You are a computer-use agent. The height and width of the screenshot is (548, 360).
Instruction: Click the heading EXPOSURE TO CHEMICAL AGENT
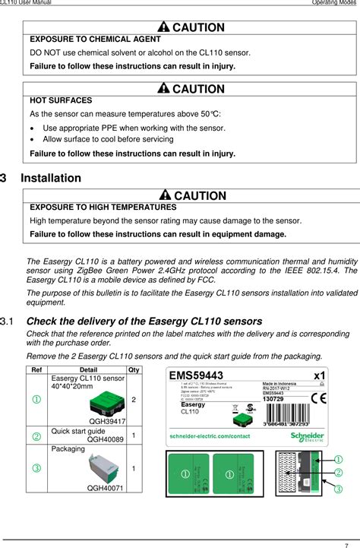[x=95, y=39]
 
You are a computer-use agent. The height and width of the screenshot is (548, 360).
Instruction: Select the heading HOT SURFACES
[x=61, y=100]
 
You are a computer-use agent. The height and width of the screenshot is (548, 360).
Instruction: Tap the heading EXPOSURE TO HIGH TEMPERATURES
[x=103, y=207]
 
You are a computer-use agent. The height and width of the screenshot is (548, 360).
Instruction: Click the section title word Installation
[x=51, y=178]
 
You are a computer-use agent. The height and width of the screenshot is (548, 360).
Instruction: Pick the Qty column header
[x=134, y=370]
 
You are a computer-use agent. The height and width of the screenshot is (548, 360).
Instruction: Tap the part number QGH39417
[x=107, y=420]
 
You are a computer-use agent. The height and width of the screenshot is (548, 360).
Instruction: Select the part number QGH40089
[x=106, y=439]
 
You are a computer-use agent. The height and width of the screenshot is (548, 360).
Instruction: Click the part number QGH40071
[x=106, y=489]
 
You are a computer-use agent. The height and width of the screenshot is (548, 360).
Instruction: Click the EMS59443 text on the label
[x=196, y=375]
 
